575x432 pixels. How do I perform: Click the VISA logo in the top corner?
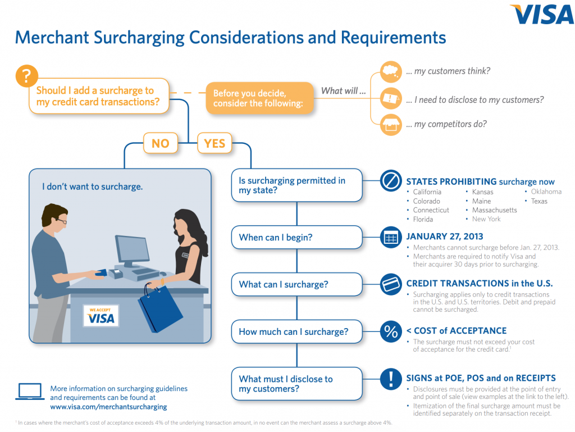click(542, 15)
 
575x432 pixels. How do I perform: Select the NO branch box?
click(160, 143)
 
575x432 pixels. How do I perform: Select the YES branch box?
click(214, 143)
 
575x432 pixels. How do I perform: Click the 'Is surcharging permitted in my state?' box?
click(296, 186)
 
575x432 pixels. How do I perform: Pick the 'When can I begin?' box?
click(296, 237)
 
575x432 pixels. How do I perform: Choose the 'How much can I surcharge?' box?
click(296, 331)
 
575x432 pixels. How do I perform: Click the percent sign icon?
click(390, 331)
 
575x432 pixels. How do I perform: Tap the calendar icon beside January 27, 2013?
click(390, 237)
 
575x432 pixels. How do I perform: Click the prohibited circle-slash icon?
click(390, 181)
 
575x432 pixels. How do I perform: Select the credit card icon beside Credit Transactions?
click(390, 284)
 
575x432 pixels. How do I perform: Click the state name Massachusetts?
click(494, 210)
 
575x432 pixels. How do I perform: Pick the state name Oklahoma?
click(546, 192)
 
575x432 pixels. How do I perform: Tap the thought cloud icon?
click(391, 72)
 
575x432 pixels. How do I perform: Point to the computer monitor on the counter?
click(133, 250)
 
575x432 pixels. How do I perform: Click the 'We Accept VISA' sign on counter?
click(101, 316)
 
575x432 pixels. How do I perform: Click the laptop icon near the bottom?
click(30, 392)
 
